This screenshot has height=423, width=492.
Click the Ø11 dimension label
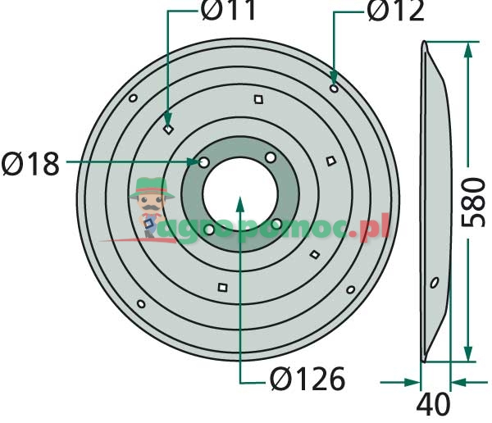228,10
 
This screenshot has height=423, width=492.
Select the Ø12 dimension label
395,11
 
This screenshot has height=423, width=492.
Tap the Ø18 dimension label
30,164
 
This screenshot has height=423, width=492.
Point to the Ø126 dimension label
307,379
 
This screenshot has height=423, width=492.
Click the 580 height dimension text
473,202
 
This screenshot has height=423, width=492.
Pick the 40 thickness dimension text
433,405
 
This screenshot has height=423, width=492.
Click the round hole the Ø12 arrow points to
335,89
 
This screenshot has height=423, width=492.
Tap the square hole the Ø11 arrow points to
168,129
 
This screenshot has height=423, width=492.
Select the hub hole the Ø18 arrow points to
204,162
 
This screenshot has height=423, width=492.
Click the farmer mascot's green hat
152,188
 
